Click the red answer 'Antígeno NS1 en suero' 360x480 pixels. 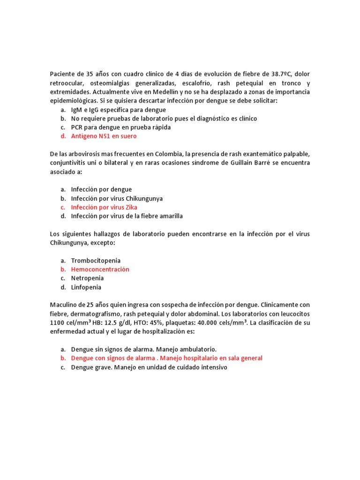pos(104,136)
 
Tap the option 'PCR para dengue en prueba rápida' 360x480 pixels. pos(120,127)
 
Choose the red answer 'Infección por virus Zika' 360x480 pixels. pos(104,207)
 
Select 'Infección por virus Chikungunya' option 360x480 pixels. pos(117,198)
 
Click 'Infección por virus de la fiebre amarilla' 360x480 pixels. pos(127,216)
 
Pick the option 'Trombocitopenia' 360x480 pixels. pos(96,261)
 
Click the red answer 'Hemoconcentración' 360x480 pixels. pos(100,270)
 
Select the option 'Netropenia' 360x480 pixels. pos(87,278)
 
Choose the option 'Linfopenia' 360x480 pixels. pos(86,287)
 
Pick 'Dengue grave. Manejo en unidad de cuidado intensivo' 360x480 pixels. pos(149,367)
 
